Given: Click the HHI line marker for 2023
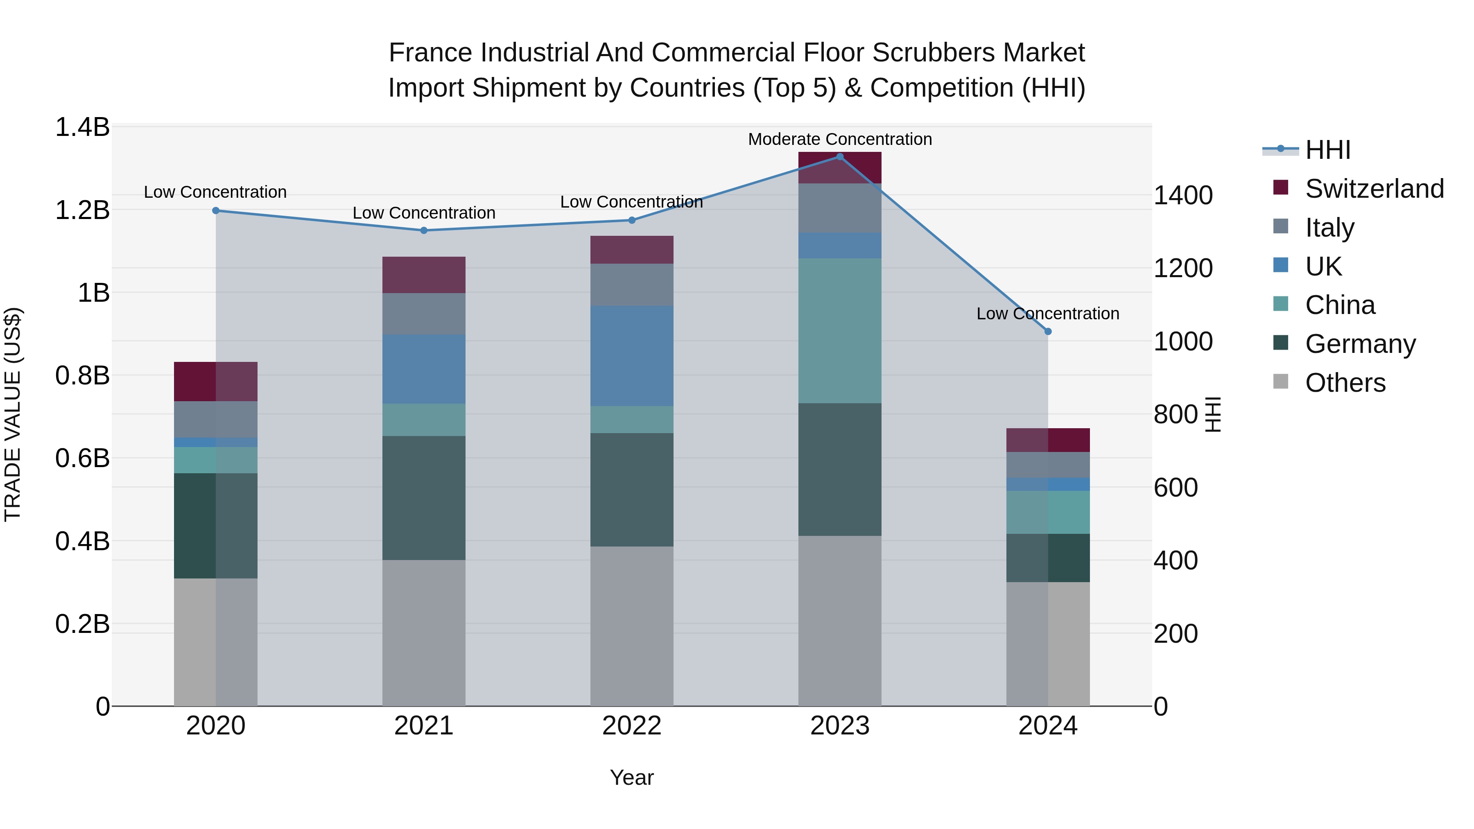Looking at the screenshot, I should tap(839, 156).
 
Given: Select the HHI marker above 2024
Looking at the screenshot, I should tap(1048, 331).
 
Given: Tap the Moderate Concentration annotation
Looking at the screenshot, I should tap(839, 139).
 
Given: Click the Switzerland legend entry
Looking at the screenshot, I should tap(1374, 189).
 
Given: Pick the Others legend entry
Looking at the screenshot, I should tap(1345, 383).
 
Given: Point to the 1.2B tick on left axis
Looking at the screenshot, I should tap(82, 210).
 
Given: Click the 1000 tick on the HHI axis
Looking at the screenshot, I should tap(1182, 341).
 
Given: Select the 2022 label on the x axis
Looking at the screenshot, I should tap(632, 726).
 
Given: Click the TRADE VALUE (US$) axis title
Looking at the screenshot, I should tap(13, 414).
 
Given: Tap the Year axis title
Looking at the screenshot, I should tap(632, 777).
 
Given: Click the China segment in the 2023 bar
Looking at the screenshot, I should tap(839, 331).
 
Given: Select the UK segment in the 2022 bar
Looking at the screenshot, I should tap(632, 356).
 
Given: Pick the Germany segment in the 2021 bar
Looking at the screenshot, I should tap(423, 498).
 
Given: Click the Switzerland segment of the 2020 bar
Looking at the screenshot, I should tap(216, 381).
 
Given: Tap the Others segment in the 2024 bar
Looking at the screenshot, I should tap(1048, 644).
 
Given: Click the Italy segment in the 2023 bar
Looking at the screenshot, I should tap(839, 208).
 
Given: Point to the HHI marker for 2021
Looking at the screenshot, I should tap(423, 230).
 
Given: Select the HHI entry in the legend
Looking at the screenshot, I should tap(1327, 150).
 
